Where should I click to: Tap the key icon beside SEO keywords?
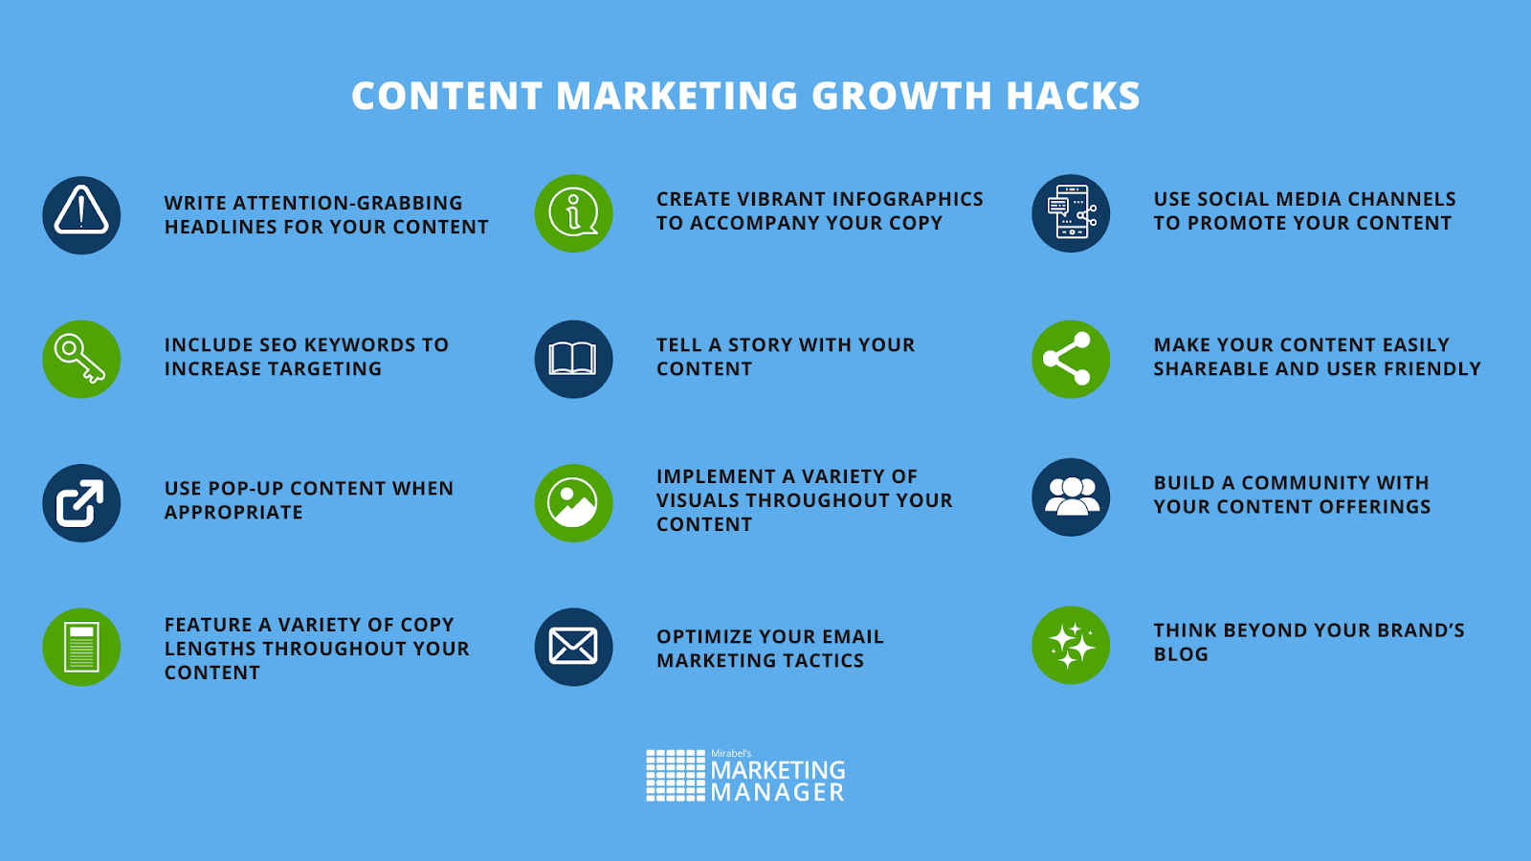point(81,360)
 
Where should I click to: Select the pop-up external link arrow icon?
point(81,503)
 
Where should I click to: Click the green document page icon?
point(81,647)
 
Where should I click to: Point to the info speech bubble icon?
point(573,213)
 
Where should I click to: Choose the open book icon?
point(573,360)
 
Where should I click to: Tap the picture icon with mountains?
point(573,503)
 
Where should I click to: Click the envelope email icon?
point(573,647)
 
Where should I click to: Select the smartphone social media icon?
point(1071,213)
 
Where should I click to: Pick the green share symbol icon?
point(1071,360)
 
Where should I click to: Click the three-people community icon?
point(1071,497)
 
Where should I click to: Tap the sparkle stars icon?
point(1071,645)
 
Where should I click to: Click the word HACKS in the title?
point(1073,96)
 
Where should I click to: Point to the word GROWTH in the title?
point(901,96)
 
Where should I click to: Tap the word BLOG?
point(1181,654)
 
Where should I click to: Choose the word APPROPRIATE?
point(233,513)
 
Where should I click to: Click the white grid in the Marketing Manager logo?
point(676,776)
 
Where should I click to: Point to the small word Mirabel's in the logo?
point(731,753)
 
